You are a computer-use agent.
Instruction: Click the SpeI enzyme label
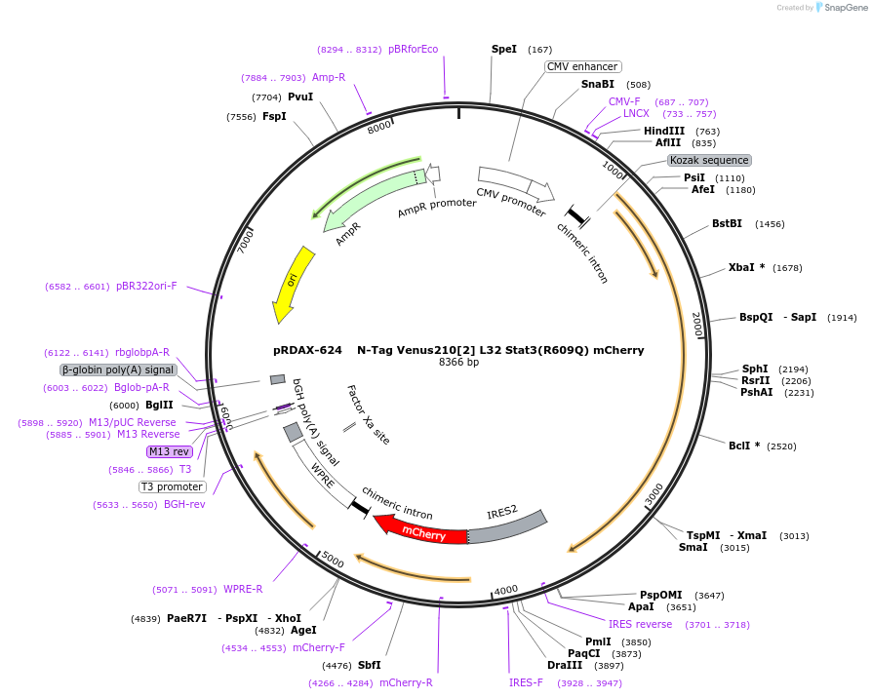click(504, 49)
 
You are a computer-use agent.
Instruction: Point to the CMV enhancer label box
click(582, 66)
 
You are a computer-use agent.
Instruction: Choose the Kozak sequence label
click(709, 160)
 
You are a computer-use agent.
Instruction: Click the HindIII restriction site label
click(664, 131)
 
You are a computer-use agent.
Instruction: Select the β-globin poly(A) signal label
click(118, 369)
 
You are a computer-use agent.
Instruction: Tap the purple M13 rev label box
click(169, 451)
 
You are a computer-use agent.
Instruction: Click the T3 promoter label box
click(173, 486)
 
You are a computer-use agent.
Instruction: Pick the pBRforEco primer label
click(414, 49)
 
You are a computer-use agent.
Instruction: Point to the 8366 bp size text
click(458, 363)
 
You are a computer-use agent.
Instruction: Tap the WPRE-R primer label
click(243, 589)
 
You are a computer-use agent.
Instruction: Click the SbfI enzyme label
click(369, 665)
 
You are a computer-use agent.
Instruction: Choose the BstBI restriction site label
click(727, 223)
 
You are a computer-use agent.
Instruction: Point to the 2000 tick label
click(696, 325)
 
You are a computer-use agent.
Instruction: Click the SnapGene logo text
click(844, 8)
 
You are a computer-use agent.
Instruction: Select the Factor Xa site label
click(368, 414)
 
